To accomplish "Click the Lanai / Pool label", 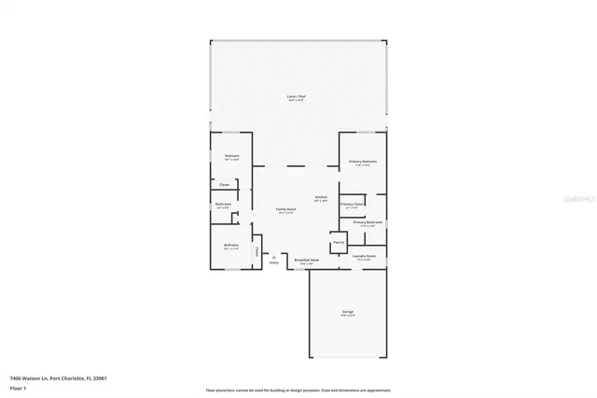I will pos(296,97).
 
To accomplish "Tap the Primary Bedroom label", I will pos(361,163).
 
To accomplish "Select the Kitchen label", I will pos(320,197).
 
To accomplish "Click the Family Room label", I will pos(285,209).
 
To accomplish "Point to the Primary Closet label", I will pos(352,204).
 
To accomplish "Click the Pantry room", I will pos(338,242).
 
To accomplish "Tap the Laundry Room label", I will pos(364,255).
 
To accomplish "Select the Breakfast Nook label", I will pos(307,260).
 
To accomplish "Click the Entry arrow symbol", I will pos(273,256).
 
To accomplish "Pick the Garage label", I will pos(347,311).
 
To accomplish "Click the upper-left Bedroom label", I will pos(231,156).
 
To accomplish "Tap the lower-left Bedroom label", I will pos(231,245).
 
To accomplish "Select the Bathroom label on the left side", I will pos(224,204).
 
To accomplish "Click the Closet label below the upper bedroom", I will pos(224,185).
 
